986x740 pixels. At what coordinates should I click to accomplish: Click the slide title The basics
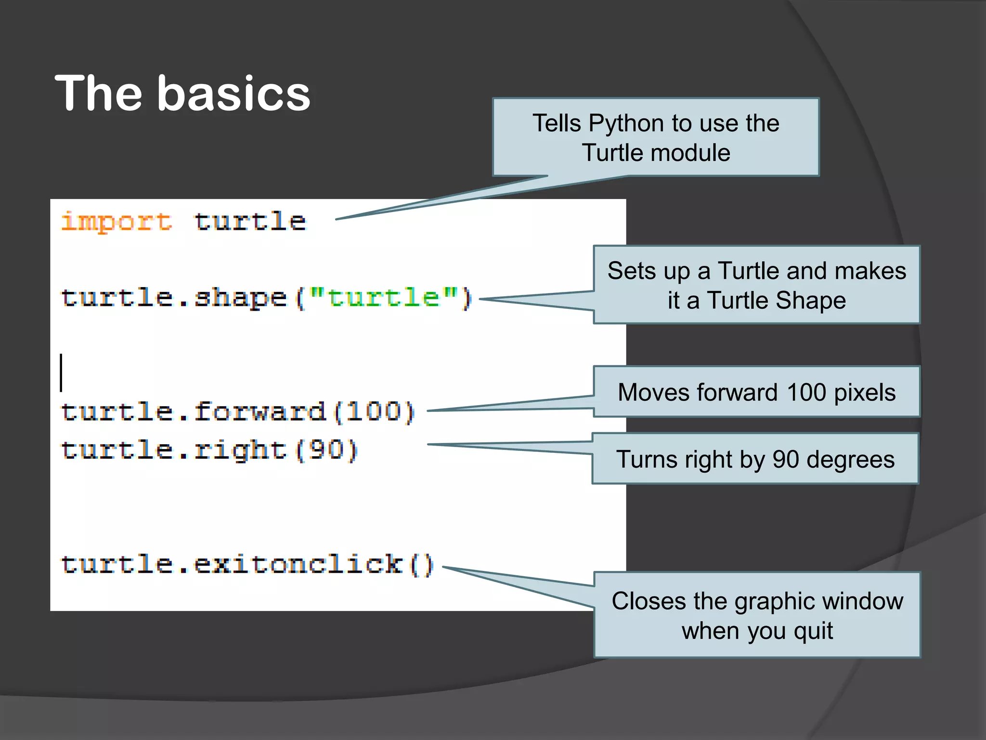(182, 93)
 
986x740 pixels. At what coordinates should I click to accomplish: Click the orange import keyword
(116, 222)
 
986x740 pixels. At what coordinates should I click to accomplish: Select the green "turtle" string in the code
(383, 298)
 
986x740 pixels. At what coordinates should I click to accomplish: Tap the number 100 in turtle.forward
(374, 412)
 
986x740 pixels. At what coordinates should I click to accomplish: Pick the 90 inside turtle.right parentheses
(326, 450)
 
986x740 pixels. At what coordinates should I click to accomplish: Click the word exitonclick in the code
(298, 564)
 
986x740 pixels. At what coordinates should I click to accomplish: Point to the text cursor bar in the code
(61, 372)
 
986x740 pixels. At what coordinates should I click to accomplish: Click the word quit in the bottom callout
(813, 631)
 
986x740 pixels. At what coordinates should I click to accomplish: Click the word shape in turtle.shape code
(240, 298)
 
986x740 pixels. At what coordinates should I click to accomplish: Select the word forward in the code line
(260, 412)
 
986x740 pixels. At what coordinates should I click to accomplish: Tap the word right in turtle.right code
(240, 450)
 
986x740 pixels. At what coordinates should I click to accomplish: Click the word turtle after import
(250, 222)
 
